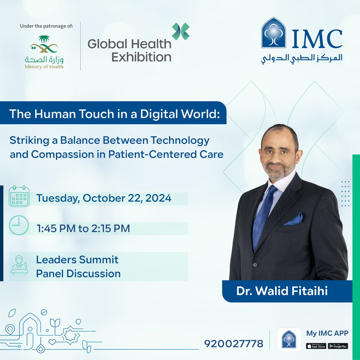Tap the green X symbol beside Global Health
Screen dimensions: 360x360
tap(181, 31)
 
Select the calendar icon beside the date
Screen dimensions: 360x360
tap(19, 196)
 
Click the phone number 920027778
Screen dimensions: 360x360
tap(234, 343)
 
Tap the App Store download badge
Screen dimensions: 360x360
tap(316, 346)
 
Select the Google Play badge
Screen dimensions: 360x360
tap(338, 346)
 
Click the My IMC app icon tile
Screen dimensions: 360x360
tap(289, 339)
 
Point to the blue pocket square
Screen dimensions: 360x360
tap(294, 219)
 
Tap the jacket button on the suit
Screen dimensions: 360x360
tap(255, 265)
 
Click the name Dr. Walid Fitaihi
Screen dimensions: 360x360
tap(282, 291)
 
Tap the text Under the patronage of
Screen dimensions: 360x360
tap(46, 26)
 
